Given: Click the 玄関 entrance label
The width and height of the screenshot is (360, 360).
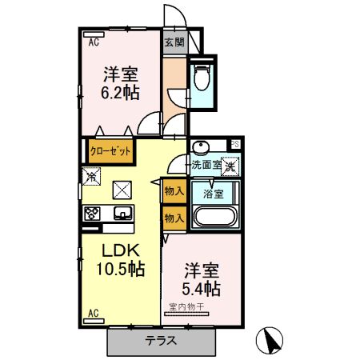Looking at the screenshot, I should click(x=174, y=42).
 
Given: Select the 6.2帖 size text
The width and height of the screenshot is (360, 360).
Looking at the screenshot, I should click(x=120, y=93).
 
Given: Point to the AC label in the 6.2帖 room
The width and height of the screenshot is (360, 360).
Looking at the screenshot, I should click(x=93, y=41).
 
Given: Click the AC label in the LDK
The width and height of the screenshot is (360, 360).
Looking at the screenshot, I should click(x=93, y=311).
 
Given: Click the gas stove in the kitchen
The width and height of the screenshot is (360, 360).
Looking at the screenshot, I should click(x=92, y=213).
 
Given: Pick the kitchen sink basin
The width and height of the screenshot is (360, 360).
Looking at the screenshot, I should click(x=123, y=213).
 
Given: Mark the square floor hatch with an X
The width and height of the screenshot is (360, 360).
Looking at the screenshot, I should click(x=122, y=190).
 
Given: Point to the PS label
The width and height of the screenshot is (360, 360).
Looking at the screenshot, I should click(x=234, y=144).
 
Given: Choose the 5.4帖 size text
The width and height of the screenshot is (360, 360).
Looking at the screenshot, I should click(x=201, y=287).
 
